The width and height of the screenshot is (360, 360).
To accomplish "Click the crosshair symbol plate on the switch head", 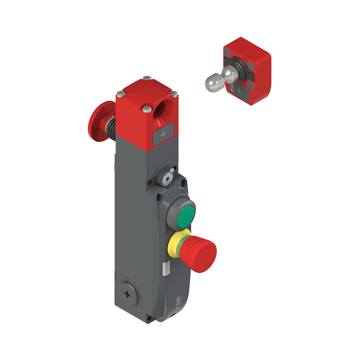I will click(x=164, y=134).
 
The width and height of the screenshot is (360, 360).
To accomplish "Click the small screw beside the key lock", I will click(x=173, y=170).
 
